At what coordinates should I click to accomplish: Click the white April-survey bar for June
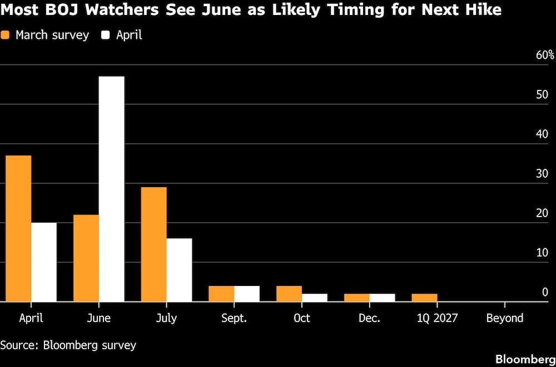[x=111, y=189]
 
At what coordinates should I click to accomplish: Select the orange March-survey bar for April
[x=18, y=228]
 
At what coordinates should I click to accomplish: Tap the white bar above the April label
[x=44, y=262]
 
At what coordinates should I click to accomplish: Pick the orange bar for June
[x=86, y=258]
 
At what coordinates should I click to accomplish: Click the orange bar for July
[x=154, y=244]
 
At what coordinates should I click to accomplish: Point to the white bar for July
[x=179, y=270]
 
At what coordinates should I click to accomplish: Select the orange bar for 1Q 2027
[x=424, y=298]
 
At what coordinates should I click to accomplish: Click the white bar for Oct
[x=314, y=298]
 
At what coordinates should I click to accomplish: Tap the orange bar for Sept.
[x=221, y=294]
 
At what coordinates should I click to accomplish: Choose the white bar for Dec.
[x=382, y=298]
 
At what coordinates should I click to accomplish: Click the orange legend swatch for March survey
[x=6, y=36]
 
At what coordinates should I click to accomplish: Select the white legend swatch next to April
[x=106, y=36]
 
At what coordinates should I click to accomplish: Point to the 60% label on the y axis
[x=545, y=56]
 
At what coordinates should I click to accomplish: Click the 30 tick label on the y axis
[x=542, y=174]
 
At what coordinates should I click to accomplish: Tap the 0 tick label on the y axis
[x=545, y=292]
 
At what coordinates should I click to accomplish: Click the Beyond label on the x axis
[x=504, y=318]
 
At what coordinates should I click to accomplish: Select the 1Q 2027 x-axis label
[x=436, y=318]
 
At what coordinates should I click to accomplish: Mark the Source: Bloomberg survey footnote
[x=68, y=345]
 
